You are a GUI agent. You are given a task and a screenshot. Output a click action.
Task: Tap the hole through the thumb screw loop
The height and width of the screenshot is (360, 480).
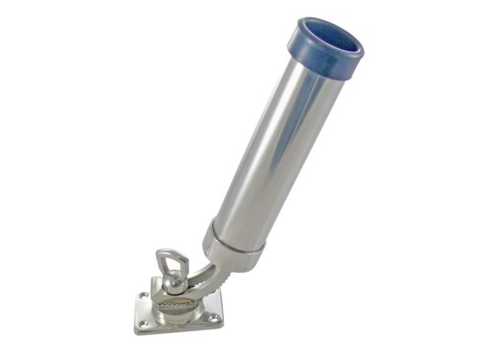pos(174,261)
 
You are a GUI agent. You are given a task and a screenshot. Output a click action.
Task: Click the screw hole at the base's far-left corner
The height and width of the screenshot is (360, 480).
pos(144,295)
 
